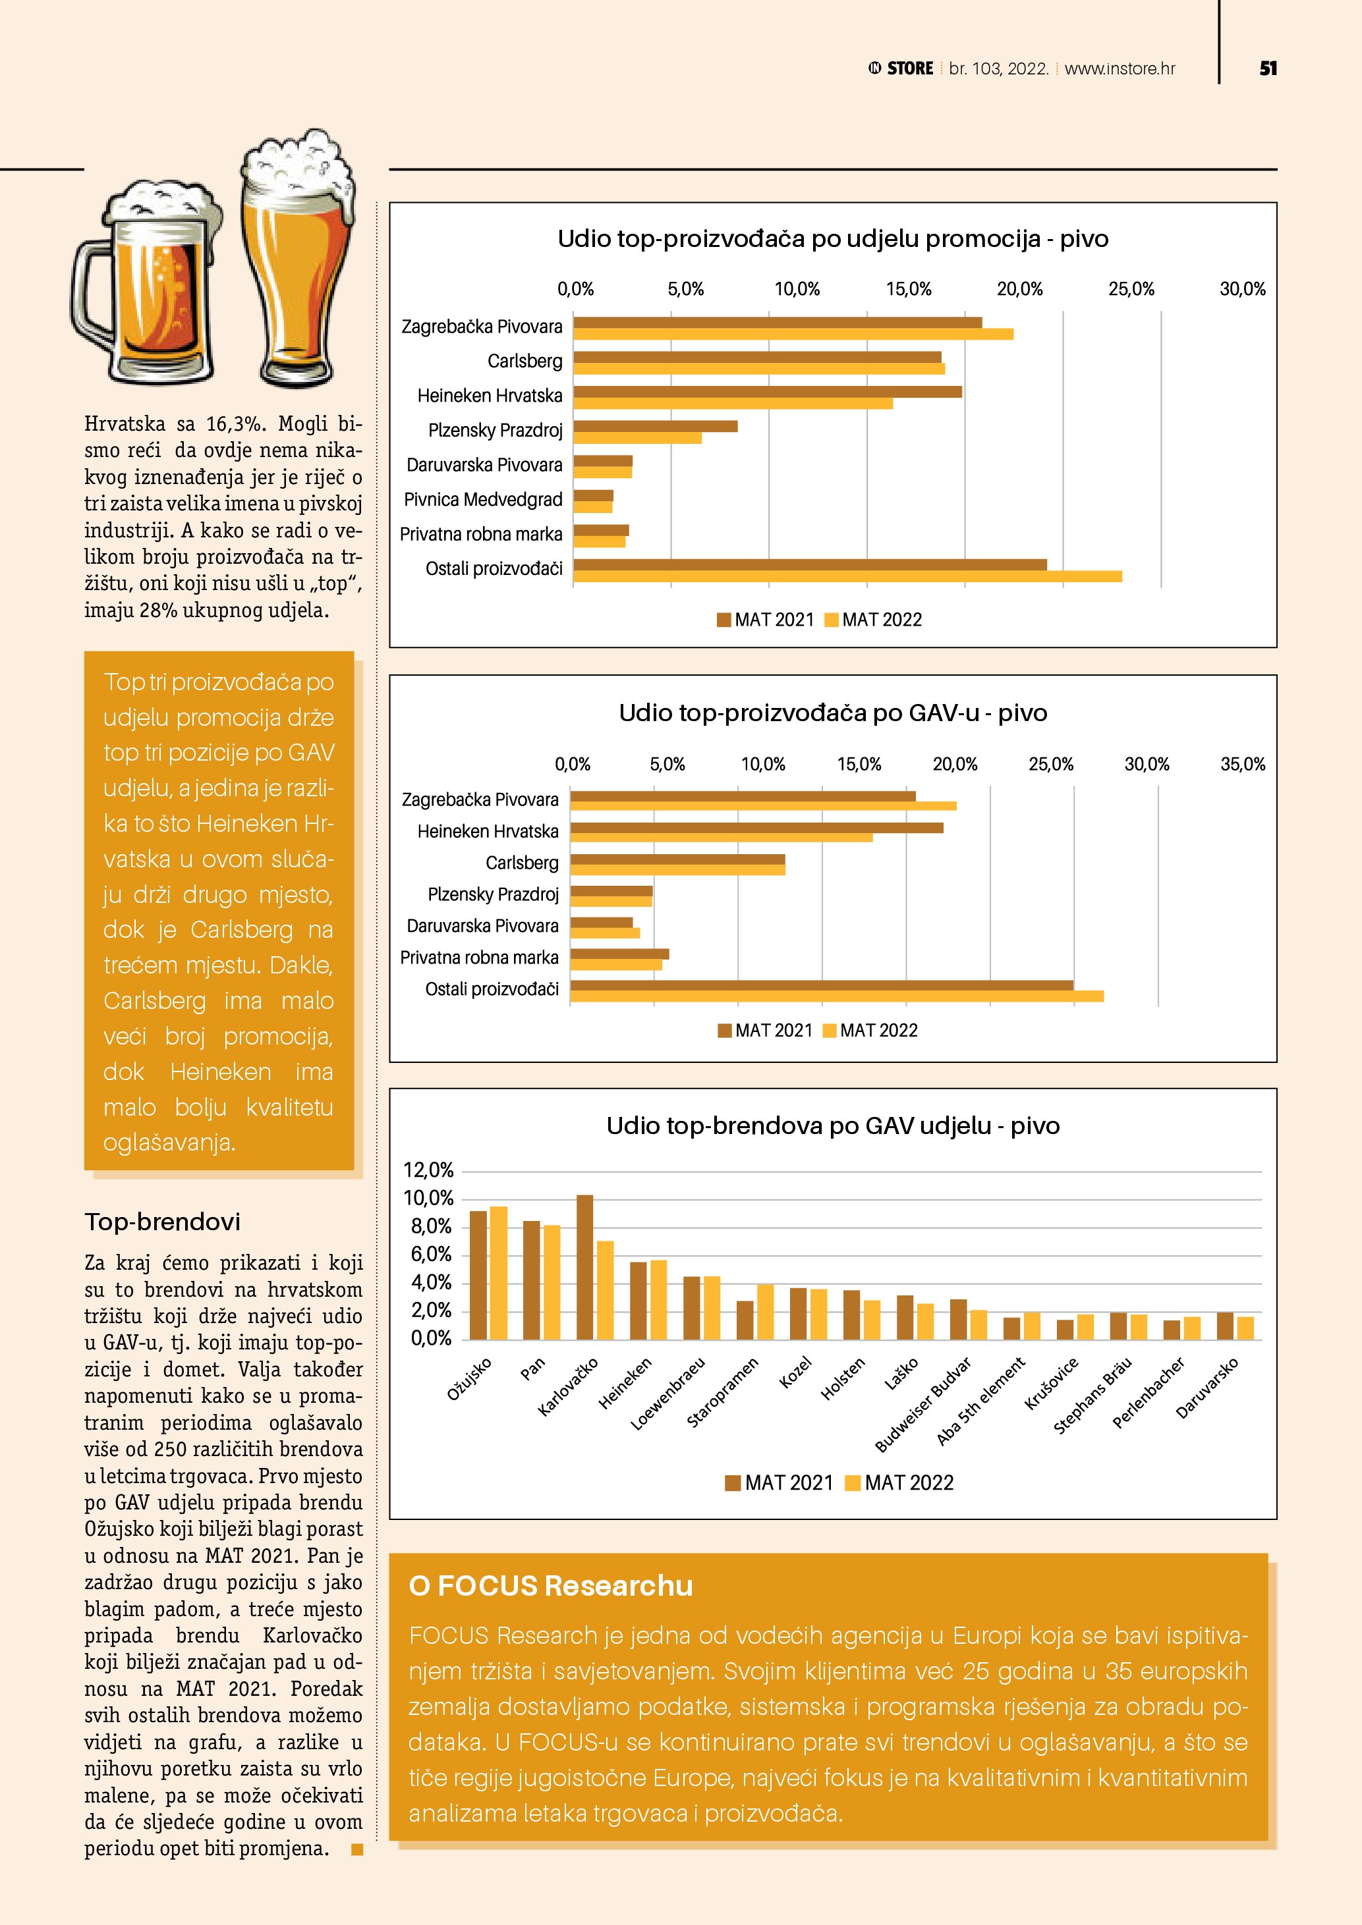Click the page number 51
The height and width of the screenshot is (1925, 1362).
pyautogui.click(x=1267, y=68)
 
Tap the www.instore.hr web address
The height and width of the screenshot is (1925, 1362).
pyautogui.click(x=1120, y=68)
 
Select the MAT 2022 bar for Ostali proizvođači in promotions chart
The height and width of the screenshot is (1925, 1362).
pyautogui.click(x=847, y=576)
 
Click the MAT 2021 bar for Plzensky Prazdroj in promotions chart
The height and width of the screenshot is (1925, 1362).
pyautogui.click(x=655, y=427)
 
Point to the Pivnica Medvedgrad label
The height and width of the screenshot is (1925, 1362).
pyautogui.click(x=483, y=500)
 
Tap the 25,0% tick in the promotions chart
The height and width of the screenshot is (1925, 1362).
pyautogui.click(x=1131, y=289)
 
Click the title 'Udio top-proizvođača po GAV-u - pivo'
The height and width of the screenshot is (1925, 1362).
pyautogui.click(x=833, y=713)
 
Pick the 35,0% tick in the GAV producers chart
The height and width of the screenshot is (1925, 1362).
pyautogui.click(x=1242, y=765)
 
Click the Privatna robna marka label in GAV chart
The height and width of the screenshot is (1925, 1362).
pyautogui.click(x=479, y=958)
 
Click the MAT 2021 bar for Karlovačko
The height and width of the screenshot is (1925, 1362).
pyautogui.click(x=584, y=1267)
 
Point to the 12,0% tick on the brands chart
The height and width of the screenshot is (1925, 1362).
pyautogui.click(x=428, y=1170)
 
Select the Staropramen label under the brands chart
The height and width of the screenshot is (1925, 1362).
pyautogui.click(x=723, y=1393)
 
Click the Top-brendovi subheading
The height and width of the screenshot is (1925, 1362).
pyautogui.click(x=163, y=1222)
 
